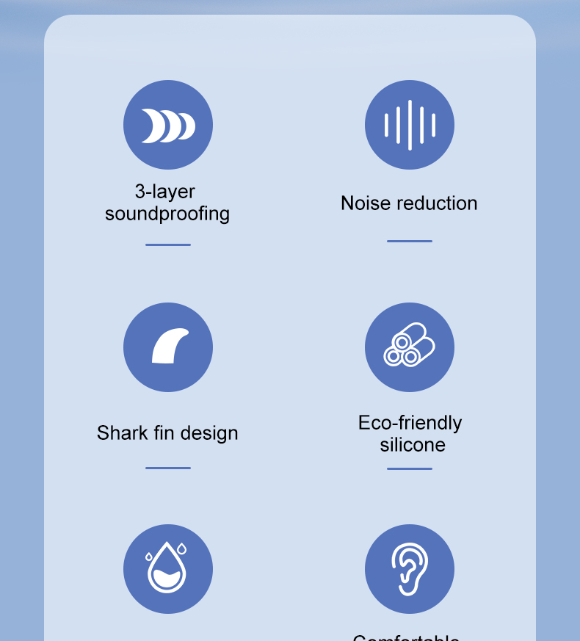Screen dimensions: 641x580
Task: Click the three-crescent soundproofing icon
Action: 168,126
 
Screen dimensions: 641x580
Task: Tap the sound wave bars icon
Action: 410,126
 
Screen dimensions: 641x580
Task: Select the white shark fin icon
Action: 169,347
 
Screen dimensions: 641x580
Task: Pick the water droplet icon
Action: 167,568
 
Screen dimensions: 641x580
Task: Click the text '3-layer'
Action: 165,192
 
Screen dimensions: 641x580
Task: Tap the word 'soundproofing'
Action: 167,214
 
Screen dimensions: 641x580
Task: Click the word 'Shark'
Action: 123,433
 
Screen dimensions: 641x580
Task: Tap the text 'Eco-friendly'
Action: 410,423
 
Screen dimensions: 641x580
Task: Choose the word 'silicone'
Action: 413,445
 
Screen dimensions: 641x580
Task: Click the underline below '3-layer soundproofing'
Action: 168,245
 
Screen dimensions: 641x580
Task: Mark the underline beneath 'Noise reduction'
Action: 410,241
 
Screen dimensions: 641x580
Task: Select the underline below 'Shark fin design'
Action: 168,468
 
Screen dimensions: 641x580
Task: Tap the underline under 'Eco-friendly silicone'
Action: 410,468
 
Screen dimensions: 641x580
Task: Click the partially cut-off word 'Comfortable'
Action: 406,637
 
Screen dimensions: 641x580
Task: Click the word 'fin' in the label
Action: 166,433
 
